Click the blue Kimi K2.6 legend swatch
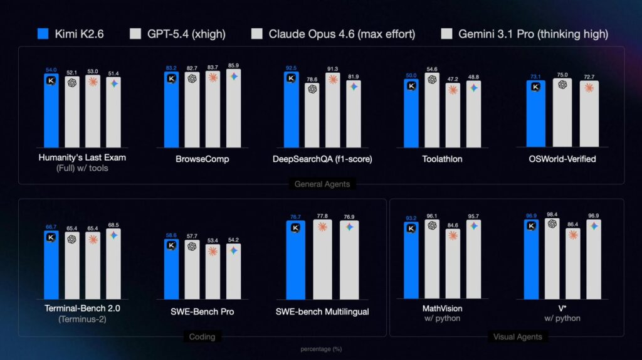43,34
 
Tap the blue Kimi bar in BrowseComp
171,110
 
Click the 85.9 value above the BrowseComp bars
233,65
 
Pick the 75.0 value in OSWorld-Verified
562,74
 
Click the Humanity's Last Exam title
82,158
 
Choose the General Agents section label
322,184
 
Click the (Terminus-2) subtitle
82,319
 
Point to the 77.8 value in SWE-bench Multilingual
322,216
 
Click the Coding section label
202,337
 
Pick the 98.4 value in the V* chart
552,214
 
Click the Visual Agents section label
517,337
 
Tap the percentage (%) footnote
321,349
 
